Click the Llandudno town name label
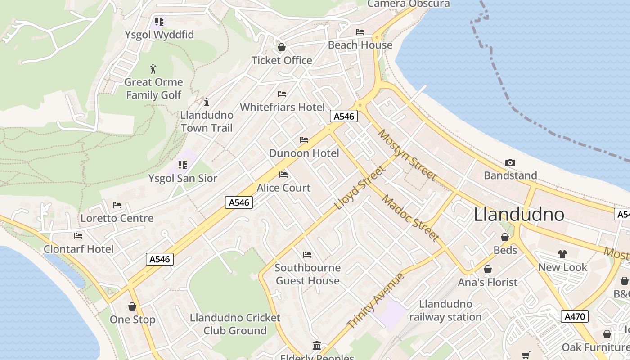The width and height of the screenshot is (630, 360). tap(519, 215)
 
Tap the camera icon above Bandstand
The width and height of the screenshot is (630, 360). tap(510, 162)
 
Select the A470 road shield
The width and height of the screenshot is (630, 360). tap(575, 316)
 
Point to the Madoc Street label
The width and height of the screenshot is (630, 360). tap(410, 218)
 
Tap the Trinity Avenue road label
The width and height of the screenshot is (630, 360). tap(376, 300)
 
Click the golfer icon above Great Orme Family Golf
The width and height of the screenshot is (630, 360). tap(153, 69)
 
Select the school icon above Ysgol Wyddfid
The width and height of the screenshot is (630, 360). tap(159, 21)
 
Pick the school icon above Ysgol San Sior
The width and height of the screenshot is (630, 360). tap(182, 165)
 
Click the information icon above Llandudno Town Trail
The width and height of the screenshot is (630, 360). tap(207, 102)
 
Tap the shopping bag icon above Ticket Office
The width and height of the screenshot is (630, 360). tap(282, 47)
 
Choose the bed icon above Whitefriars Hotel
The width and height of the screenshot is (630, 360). tap(282, 94)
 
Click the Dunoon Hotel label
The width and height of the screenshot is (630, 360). tap(304, 153)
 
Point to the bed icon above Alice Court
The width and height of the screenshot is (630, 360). tap(283, 174)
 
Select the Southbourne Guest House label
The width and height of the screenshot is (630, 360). tap(308, 274)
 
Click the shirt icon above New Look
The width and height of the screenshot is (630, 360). tap(562, 254)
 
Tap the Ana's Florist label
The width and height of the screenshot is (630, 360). tap(488, 282)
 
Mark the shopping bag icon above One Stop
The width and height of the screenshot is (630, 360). tap(132, 306)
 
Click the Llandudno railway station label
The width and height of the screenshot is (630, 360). tap(445, 310)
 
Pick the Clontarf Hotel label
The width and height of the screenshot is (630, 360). tap(79, 249)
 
